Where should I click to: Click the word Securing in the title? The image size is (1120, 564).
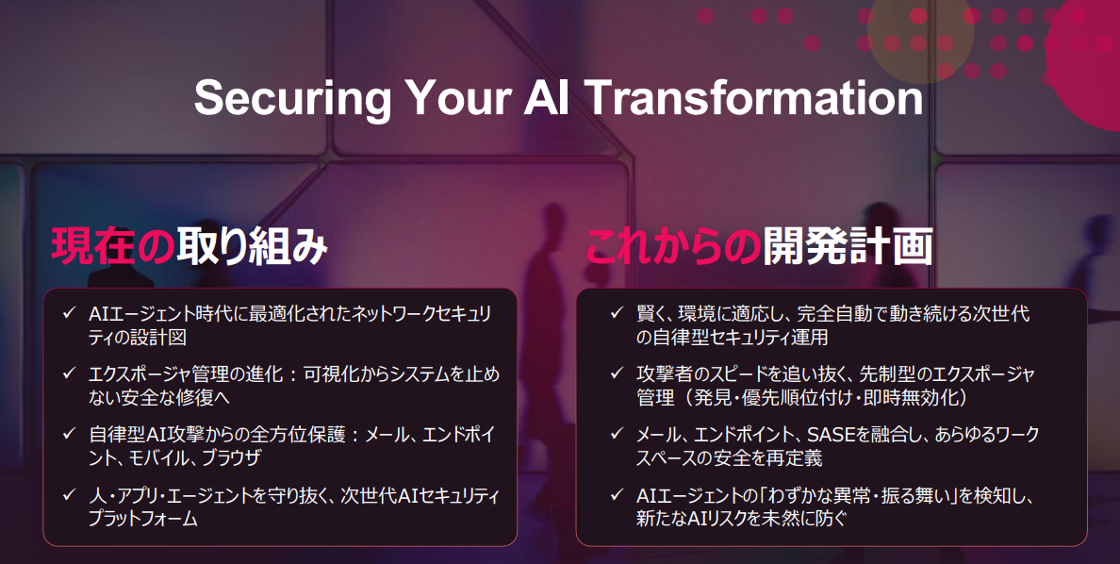(292, 99)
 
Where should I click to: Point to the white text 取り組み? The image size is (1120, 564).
(252, 246)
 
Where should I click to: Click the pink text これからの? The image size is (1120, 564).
(673, 246)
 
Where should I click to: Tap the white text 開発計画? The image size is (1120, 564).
(848, 246)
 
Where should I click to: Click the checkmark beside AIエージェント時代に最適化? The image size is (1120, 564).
(69, 312)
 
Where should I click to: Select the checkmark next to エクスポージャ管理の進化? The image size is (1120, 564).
(69, 373)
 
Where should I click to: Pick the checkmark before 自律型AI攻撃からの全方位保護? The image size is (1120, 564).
(69, 433)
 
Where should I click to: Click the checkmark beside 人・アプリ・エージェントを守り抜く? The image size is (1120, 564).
(69, 493)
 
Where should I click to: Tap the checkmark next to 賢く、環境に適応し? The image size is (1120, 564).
(618, 312)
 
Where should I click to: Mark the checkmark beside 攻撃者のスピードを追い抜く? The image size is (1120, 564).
(618, 373)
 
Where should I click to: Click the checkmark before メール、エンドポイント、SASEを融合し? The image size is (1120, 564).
(618, 433)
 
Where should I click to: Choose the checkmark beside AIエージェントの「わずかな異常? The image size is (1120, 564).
(618, 493)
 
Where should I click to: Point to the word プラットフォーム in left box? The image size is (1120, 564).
(143, 519)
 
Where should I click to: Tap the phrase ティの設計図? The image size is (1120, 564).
(137, 338)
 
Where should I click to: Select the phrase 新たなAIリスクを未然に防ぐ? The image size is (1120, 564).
(741, 519)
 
